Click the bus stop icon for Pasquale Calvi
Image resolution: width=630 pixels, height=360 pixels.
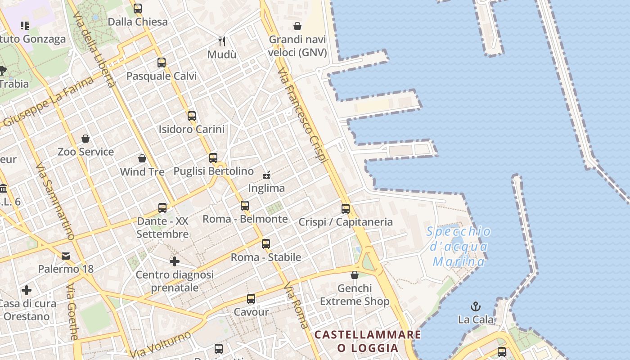162,63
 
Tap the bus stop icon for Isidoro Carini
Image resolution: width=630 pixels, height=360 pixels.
192,116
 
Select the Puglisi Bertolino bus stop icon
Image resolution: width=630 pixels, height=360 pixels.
213,158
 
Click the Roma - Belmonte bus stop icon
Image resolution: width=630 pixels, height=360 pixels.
245,206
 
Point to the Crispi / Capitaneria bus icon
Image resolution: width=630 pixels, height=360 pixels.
346,208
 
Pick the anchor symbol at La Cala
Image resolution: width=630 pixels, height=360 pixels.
476,306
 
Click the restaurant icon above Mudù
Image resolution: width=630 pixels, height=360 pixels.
222,41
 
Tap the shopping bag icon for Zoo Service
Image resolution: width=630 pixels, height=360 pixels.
85,139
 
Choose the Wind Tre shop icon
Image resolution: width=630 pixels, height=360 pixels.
142,158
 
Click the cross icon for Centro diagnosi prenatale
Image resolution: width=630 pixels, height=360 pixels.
175,261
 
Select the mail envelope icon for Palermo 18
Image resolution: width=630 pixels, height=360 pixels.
66,256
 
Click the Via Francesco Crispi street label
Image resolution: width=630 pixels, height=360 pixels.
302,116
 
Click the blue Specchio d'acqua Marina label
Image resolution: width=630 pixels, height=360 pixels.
459,247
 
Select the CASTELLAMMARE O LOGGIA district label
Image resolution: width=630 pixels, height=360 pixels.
368,341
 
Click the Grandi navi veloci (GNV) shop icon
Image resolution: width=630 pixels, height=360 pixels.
297,27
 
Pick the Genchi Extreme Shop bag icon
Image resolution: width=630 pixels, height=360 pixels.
355,275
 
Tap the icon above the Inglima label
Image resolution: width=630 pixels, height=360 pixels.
266,175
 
